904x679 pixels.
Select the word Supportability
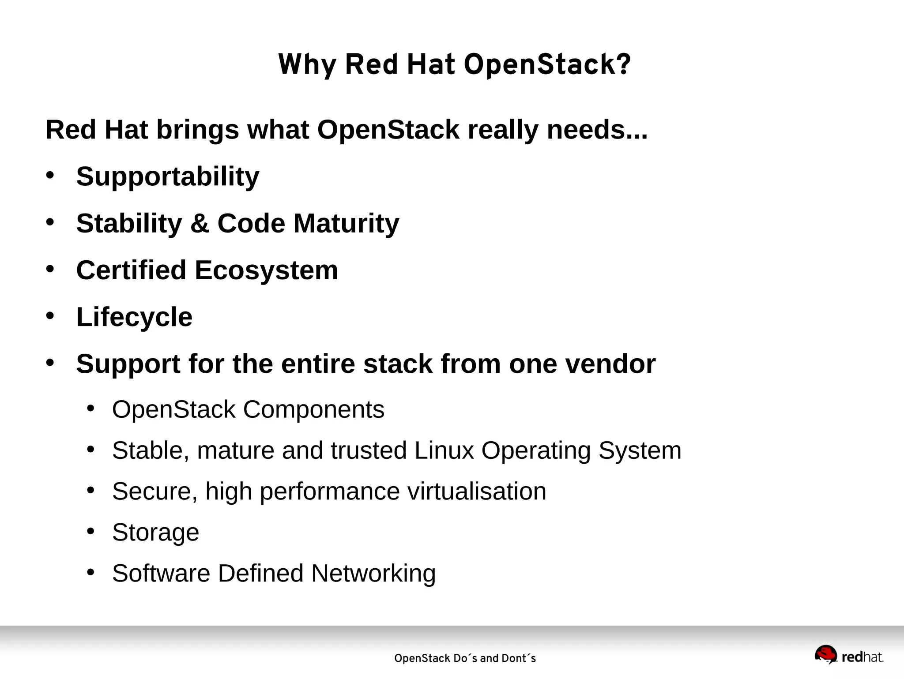168,177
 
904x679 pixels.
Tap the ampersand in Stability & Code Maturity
200,223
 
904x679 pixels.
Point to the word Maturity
346,224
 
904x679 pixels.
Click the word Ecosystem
266,270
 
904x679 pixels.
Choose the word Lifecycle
134,317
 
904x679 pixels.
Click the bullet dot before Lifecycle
50,316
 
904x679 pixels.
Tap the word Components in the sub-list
313,410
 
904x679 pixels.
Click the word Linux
444,450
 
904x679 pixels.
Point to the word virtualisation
476,491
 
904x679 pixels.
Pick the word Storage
155,533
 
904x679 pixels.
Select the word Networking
373,574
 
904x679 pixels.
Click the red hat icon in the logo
825,654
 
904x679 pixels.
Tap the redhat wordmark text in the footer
862,657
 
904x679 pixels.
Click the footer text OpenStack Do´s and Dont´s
465,658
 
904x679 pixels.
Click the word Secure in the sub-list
151,491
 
